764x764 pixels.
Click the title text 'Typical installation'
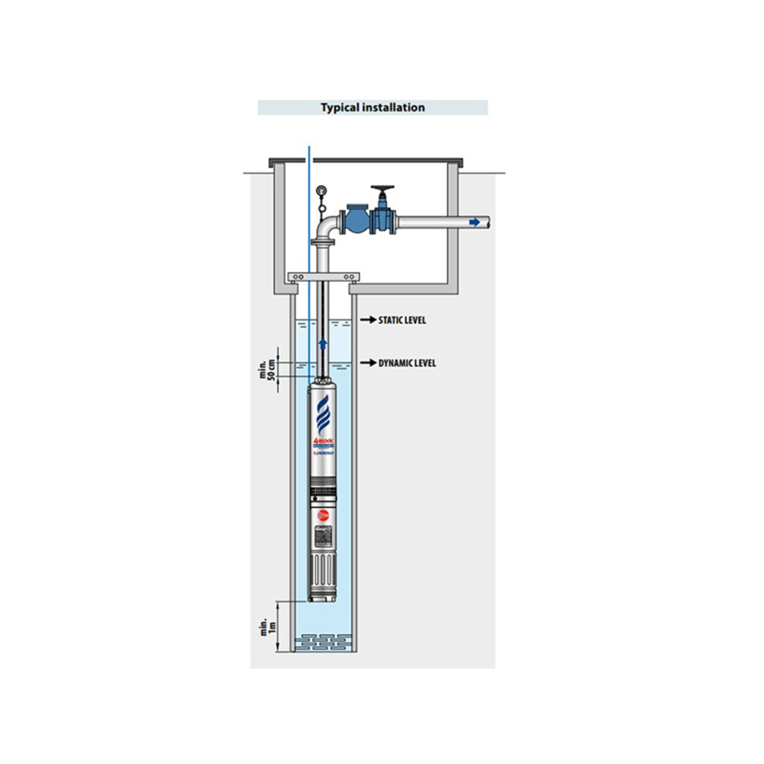point(372,108)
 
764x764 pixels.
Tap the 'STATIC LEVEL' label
point(402,320)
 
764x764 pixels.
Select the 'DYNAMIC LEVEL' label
point(407,363)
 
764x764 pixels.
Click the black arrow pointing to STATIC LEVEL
point(368,320)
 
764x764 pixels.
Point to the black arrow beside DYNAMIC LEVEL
point(368,363)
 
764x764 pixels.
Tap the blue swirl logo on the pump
point(323,414)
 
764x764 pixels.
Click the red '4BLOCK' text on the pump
point(322,441)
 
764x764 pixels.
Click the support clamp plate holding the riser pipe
point(323,277)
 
